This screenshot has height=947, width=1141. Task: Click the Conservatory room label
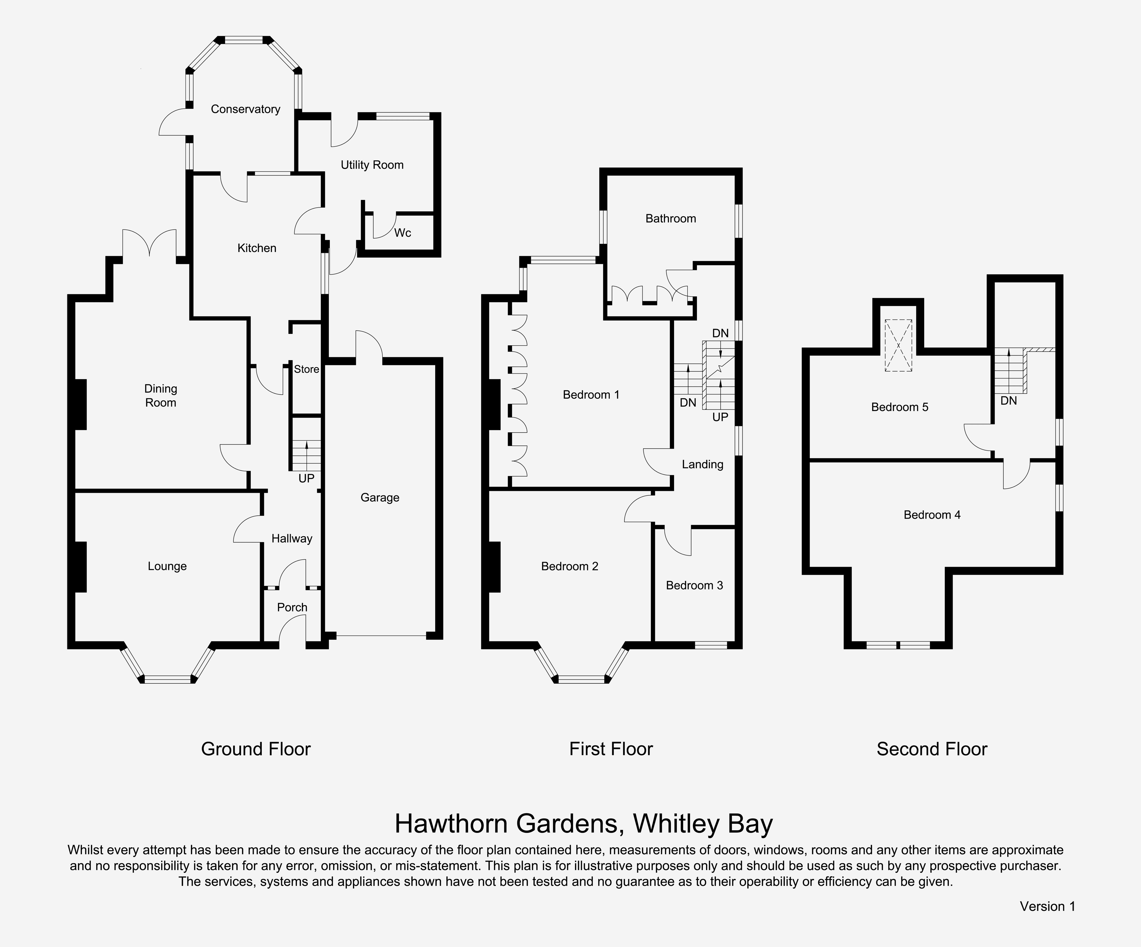click(x=246, y=109)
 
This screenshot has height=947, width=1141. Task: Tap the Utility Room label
click(x=372, y=165)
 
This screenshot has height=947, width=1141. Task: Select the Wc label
click(x=403, y=233)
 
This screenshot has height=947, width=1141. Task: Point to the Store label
click(x=306, y=370)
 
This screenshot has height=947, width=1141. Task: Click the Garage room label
click(x=380, y=498)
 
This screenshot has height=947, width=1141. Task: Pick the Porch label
click(x=292, y=607)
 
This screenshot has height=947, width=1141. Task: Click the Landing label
click(x=703, y=464)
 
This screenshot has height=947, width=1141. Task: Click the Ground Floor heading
click(x=256, y=749)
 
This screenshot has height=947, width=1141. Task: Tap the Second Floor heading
click(x=932, y=749)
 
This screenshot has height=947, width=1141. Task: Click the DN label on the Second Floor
click(x=1008, y=401)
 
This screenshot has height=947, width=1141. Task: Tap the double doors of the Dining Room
click(x=149, y=243)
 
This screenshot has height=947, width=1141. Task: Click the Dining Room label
click(x=161, y=396)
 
